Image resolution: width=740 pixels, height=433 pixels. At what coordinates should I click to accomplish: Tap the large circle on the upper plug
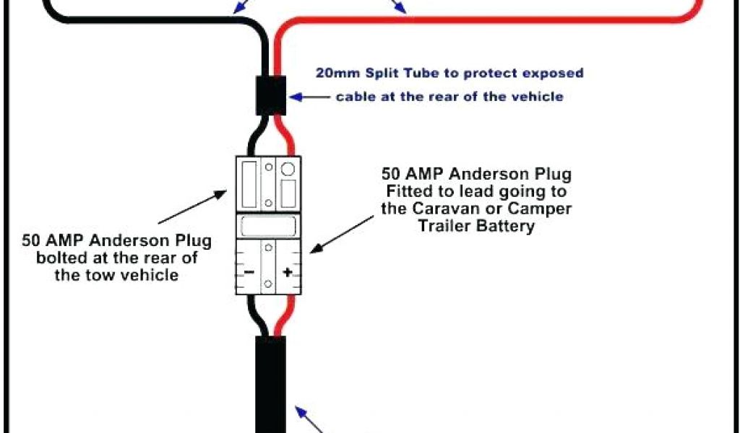pyautogui.click(x=288, y=170)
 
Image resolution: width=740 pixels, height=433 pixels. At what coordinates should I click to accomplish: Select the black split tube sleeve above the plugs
pyautogui.click(x=272, y=95)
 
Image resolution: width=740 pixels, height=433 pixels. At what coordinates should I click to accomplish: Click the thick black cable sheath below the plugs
pyautogui.click(x=270, y=382)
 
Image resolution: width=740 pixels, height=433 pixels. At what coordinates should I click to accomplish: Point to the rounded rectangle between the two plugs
pyautogui.click(x=268, y=227)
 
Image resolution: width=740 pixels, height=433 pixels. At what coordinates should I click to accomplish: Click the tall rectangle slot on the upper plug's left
pyautogui.click(x=249, y=183)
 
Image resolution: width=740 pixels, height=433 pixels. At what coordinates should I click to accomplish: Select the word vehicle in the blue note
pyautogui.click(x=539, y=96)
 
